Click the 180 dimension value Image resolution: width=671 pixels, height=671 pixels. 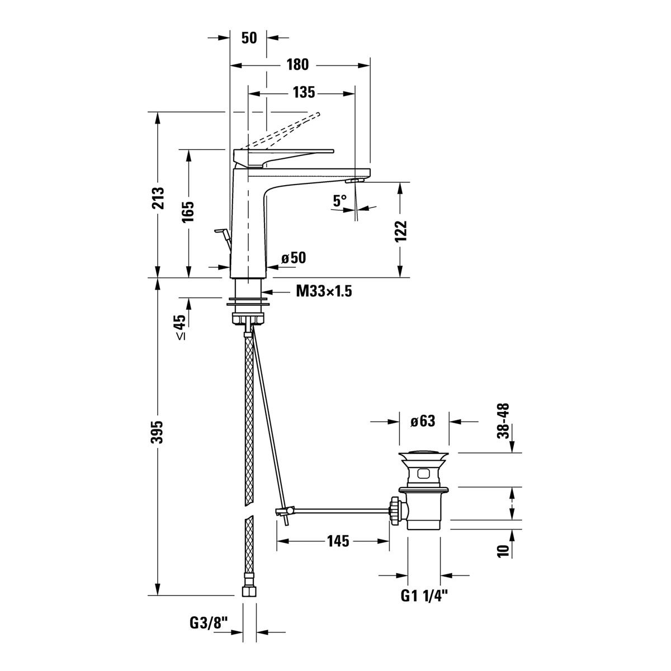coord(297,65)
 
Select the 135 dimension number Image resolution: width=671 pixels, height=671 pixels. coord(304,93)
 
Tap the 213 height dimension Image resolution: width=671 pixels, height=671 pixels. coord(158,198)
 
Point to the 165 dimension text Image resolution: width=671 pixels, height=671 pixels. coord(188,211)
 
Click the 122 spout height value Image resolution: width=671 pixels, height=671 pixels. coord(401,231)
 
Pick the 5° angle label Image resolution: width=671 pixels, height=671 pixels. coord(339,201)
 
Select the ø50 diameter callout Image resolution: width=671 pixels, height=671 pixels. coord(294,258)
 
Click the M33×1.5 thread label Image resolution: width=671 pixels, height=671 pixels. coord(324,291)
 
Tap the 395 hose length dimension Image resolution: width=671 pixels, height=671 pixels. coord(158,432)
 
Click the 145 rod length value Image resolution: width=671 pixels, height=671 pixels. coord(338,541)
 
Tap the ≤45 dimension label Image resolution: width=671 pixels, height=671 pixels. coord(181,327)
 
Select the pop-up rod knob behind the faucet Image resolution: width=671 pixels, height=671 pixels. coord(220,230)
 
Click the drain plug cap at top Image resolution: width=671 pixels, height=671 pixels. coord(423,456)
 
